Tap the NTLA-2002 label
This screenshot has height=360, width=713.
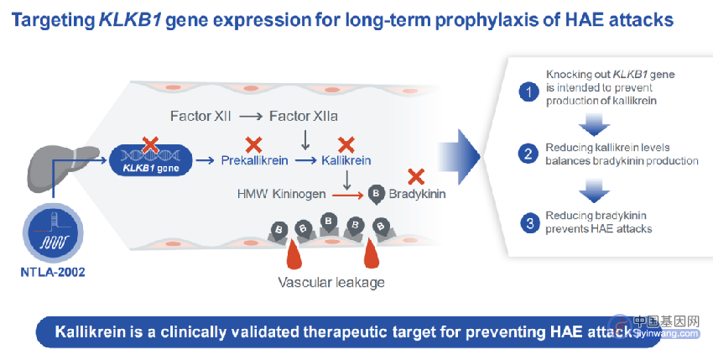click(53, 272)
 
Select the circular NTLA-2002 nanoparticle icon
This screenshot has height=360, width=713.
click(53, 232)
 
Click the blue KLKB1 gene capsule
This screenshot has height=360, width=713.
click(150, 160)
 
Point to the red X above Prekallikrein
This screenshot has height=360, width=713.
click(253, 144)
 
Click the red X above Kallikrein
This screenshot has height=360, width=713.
click(346, 144)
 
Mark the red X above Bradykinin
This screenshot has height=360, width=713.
click(415, 176)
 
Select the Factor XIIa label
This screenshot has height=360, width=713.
click(304, 116)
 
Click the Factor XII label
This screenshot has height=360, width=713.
click(200, 116)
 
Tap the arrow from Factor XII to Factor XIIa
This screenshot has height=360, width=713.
click(251, 117)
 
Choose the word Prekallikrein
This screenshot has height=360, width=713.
click(254, 160)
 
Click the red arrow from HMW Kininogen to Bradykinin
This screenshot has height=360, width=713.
click(348, 196)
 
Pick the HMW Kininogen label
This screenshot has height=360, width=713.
click(281, 194)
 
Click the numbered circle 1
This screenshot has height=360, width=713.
click(528, 92)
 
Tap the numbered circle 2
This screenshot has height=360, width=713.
click(528, 154)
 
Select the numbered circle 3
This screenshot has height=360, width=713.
click(530, 223)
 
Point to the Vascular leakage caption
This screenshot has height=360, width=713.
click(331, 283)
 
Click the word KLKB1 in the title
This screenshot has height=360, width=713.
click(129, 20)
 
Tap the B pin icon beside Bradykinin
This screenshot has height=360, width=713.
click(376, 195)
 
